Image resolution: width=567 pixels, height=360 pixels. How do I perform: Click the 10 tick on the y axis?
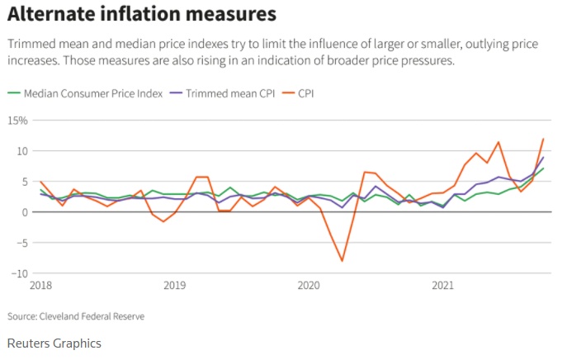coord(22,151)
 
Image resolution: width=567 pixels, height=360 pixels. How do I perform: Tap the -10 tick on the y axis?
coord(20,273)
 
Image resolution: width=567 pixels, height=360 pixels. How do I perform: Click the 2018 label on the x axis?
coord(42,286)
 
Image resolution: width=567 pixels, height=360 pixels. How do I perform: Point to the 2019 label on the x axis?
coord(174,286)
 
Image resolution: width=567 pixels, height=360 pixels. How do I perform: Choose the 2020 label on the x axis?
coord(308,286)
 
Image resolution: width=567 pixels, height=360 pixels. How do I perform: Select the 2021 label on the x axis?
coord(442,286)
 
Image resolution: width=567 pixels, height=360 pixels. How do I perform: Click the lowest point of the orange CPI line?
coord(342,261)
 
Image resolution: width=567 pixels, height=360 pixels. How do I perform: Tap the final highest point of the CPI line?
coord(543,139)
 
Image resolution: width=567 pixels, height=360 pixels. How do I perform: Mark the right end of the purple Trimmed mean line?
coord(543,157)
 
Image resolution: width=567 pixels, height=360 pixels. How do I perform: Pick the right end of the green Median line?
coord(543,168)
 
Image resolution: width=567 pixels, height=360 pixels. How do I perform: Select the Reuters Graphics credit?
coord(54,343)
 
